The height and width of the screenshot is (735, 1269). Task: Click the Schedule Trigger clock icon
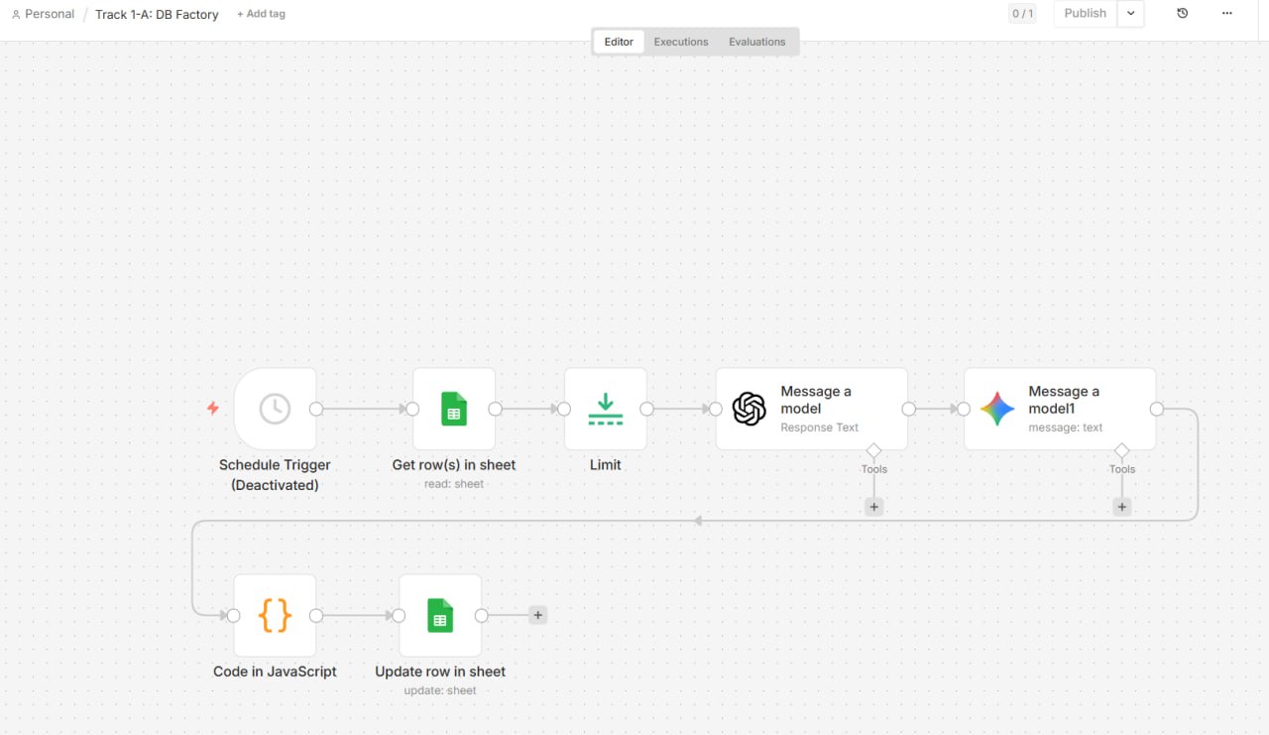point(275,409)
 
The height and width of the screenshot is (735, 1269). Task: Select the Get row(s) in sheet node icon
point(454,409)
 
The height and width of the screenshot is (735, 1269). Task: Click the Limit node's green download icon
point(605,409)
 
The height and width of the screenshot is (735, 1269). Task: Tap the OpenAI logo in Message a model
point(749,409)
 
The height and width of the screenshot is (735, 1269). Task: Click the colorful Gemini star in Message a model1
point(997,409)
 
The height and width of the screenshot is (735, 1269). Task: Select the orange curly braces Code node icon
point(275,615)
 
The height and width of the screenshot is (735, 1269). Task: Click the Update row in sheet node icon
point(440,615)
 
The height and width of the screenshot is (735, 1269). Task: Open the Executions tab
point(681,42)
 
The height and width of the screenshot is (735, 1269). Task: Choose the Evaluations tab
point(756,42)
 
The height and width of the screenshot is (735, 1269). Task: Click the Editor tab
point(619,42)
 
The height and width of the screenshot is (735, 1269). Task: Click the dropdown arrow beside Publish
point(1130,14)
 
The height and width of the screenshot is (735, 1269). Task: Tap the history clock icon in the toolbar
point(1183,13)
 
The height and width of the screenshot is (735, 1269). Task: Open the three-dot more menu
point(1227,13)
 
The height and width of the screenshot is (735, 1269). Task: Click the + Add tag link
point(261,14)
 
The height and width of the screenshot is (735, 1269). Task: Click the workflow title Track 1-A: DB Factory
point(157,14)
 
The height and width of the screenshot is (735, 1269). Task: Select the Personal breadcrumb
point(43,14)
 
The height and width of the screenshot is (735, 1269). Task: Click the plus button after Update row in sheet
point(537,615)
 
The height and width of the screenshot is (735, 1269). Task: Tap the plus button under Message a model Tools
point(874,507)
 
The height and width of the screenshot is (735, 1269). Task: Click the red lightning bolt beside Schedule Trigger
point(212,408)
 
